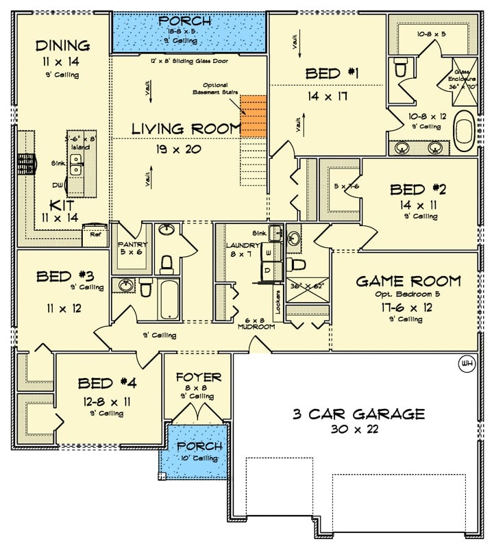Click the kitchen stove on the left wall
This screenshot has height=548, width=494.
(25, 164)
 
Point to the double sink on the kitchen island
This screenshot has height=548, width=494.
(75, 164)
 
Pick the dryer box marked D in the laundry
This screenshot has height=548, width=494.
(269, 272)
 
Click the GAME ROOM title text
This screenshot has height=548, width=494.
(408, 281)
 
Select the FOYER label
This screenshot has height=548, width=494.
(198, 377)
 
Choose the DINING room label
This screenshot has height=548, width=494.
(62, 46)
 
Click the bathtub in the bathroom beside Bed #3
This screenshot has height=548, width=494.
(169, 298)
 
